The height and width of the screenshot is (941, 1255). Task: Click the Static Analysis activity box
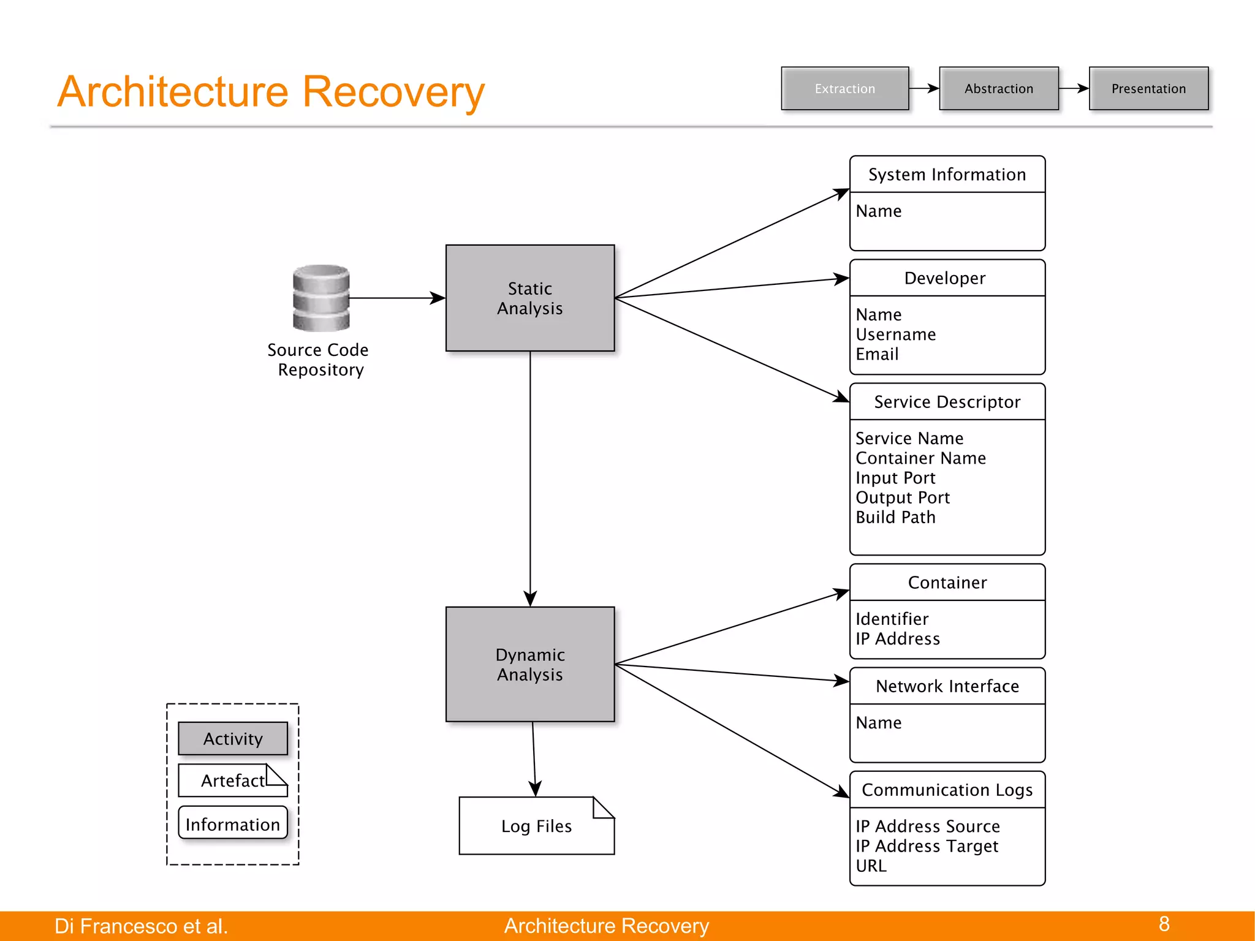point(529,298)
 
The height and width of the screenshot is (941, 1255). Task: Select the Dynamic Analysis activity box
point(529,664)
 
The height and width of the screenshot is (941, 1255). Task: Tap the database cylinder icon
point(321,298)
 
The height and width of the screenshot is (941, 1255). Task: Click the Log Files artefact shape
point(536,826)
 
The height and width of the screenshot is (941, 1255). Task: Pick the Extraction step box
point(844,88)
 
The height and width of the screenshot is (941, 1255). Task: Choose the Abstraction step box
point(998,88)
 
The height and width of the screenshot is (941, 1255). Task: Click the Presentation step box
point(1148,88)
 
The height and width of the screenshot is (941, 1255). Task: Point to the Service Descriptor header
point(947,402)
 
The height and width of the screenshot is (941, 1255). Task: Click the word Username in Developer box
point(895,334)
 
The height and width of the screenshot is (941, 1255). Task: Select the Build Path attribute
point(895,517)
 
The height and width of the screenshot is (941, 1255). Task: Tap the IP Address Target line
point(927,846)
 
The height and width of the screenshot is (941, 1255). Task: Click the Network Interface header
point(947,686)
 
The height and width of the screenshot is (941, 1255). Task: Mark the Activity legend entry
point(233,738)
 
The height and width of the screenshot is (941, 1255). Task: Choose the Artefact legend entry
point(233,780)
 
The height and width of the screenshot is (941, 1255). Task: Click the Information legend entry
point(233,824)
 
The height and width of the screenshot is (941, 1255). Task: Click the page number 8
point(1164,924)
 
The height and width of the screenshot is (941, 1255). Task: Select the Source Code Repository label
point(319,360)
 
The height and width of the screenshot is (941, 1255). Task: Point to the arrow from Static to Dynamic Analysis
point(530,478)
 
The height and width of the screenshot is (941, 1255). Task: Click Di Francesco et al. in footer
point(141,926)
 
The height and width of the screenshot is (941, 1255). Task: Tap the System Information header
point(947,175)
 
